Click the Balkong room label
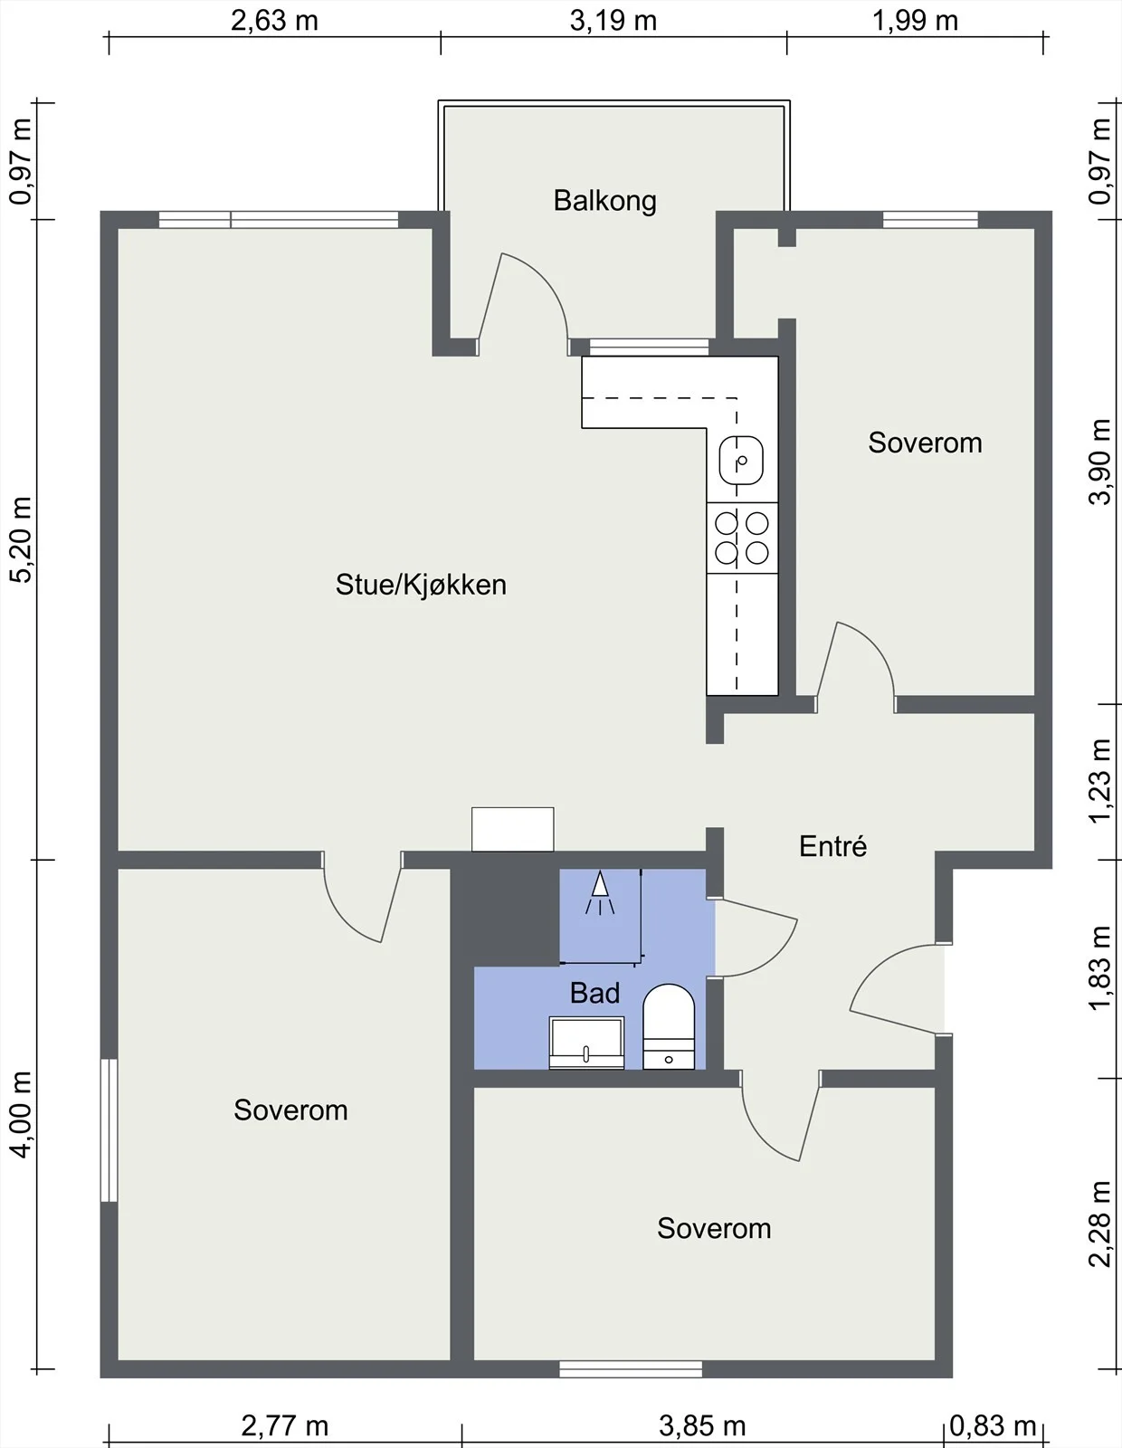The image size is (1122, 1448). pyautogui.click(x=605, y=201)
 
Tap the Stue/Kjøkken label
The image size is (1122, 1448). pyautogui.click(x=421, y=585)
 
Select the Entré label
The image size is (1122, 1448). pyautogui.click(x=832, y=846)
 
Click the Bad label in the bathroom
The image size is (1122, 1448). pyautogui.click(x=595, y=993)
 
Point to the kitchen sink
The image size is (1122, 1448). pyautogui.click(x=741, y=460)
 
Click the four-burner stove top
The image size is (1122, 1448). pyautogui.click(x=742, y=538)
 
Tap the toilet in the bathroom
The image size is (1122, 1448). pyautogui.click(x=669, y=1027)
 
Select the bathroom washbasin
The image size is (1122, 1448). pyautogui.click(x=586, y=1043)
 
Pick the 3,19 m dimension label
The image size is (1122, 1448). pyautogui.click(x=613, y=21)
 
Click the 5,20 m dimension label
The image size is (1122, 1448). pyautogui.click(x=22, y=539)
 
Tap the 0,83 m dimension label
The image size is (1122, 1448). pyautogui.click(x=992, y=1425)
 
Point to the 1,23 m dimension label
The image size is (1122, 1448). pyautogui.click(x=1100, y=781)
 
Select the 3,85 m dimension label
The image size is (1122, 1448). pyautogui.click(x=702, y=1425)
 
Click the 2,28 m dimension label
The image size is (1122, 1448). pyautogui.click(x=1100, y=1224)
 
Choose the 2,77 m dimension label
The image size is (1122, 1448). pyautogui.click(x=284, y=1425)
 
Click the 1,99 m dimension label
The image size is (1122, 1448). pyautogui.click(x=915, y=21)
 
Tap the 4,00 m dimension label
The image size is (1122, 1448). pyautogui.click(x=22, y=1115)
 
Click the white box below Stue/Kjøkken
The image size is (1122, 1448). pyautogui.click(x=512, y=829)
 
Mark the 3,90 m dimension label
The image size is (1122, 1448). pyautogui.click(x=1100, y=462)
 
